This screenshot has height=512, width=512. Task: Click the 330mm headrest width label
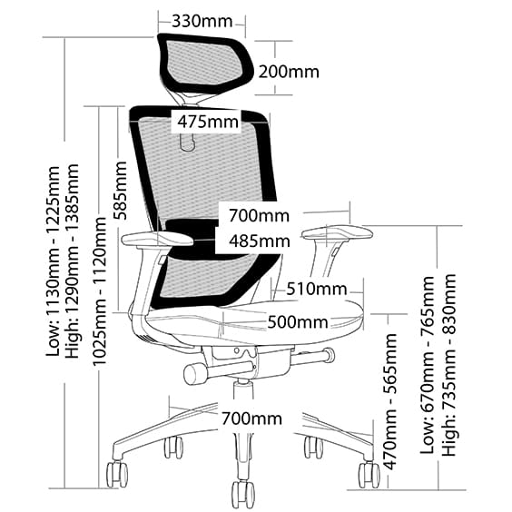pos(202,21)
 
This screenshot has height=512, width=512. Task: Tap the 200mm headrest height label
pos(289,72)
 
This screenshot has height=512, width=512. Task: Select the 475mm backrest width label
pos(208,123)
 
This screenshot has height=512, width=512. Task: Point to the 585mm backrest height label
pos(120,191)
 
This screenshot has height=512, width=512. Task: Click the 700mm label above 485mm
pos(259,216)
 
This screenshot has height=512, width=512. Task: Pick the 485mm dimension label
pos(260,241)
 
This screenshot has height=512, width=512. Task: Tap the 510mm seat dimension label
pos(317,289)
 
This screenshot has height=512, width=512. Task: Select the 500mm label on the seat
pos(298,322)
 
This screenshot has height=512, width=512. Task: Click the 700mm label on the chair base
pos(251,418)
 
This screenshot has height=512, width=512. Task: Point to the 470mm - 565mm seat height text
pos(389,401)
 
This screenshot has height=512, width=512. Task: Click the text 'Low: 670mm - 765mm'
pos(428,365)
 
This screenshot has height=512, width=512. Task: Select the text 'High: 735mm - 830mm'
pos(449,365)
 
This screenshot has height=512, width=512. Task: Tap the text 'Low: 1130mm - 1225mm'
pos(53,261)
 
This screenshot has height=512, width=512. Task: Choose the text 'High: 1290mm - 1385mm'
pos(72,261)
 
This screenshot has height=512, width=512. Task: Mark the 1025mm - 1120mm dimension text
pos(99,291)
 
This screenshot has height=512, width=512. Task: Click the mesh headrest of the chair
pos(205,64)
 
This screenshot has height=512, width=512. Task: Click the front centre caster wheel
pos(243,493)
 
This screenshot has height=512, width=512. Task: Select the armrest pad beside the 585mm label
pos(157,239)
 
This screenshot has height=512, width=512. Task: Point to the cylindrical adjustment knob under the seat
pos(196,373)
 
